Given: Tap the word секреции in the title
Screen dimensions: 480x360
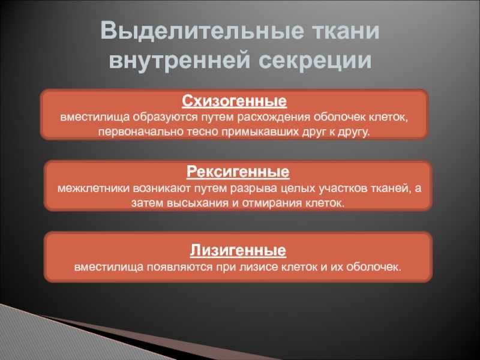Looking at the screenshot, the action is pyautogui.click(x=316, y=59).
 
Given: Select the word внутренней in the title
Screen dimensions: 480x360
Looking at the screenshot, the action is pyautogui.click(x=179, y=61).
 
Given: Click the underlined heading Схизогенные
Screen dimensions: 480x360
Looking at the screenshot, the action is pyautogui.click(x=234, y=101).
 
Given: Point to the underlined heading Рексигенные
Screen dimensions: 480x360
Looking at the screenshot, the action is pyautogui.click(x=238, y=172).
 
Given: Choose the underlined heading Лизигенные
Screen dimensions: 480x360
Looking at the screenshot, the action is pyautogui.click(x=238, y=250).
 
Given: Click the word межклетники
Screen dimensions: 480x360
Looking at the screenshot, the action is pyautogui.click(x=94, y=188).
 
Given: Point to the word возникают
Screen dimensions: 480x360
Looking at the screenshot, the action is pyautogui.click(x=162, y=188).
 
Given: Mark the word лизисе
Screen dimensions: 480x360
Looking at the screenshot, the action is pyautogui.click(x=259, y=267).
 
